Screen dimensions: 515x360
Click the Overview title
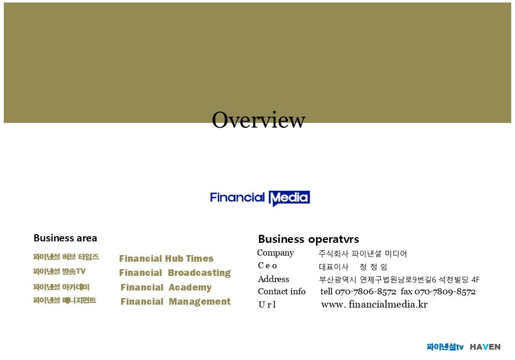click(258, 120)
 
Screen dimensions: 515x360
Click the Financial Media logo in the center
click(260, 198)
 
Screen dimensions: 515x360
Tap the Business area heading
click(65, 238)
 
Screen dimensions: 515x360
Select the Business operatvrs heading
click(309, 240)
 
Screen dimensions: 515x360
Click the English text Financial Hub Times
click(166, 258)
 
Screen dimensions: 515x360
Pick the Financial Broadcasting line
click(175, 273)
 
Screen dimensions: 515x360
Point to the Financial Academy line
click(166, 287)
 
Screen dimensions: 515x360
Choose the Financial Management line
click(175, 301)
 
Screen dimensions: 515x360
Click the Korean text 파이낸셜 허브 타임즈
click(66, 257)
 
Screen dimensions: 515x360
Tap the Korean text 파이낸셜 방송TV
click(59, 271)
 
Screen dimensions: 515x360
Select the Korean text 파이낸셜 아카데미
click(61, 287)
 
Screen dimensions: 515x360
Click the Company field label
click(275, 253)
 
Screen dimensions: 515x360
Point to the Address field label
click(273, 279)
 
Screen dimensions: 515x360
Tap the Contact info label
click(282, 291)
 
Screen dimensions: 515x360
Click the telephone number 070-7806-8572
click(366, 291)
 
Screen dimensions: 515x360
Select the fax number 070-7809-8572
click(445, 291)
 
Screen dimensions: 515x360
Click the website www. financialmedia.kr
click(374, 304)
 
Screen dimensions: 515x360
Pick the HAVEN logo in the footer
click(485, 347)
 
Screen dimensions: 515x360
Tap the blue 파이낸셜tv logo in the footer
click(445, 347)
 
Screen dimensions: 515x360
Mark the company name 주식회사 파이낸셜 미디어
click(362, 254)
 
